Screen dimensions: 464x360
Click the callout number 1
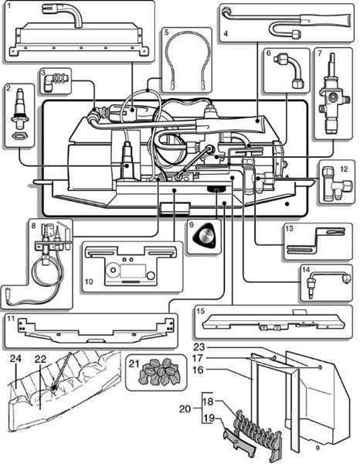coord(8,8)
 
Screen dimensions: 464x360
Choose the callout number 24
coord(15,358)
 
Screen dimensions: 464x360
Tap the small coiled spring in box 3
coord(60,78)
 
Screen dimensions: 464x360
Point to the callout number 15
coord(201,311)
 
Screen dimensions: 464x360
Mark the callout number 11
coord(11,318)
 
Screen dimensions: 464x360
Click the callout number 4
coord(225,33)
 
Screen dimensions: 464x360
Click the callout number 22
coord(40,358)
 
